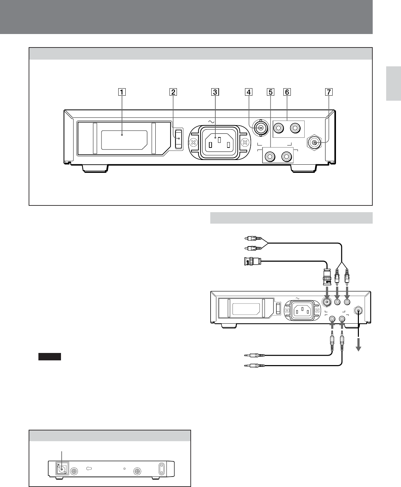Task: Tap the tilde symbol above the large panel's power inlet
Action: pyautogui.click(x=212, y=121)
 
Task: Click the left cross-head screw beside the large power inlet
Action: pyautogui.click(x=193, y=142)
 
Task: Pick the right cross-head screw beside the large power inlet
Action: pyautogui.click(x=245, y=142)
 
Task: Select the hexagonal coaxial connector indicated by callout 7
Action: pyautogui.click(x=314, y=143)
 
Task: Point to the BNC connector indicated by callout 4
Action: pyautogui.click(x=260, y=128)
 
